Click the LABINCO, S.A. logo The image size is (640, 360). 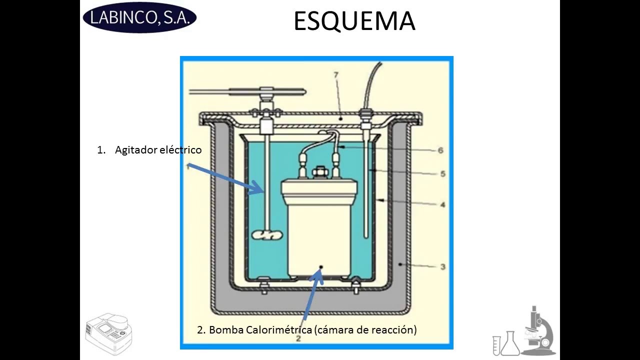[139, 18]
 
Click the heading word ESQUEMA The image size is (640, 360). [354, 22]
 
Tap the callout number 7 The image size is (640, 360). [336, 75]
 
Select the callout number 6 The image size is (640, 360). [440, 150]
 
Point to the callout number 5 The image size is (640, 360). [442, 174]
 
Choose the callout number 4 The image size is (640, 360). [442, 204]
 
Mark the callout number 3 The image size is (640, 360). [442, 266]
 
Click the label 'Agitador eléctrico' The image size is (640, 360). [158, 150]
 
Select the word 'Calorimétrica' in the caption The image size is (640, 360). [279, 330]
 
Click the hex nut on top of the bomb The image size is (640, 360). [318, 173]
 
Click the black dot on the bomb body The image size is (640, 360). [321, 267]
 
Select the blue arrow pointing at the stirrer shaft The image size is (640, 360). [225, 177]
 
